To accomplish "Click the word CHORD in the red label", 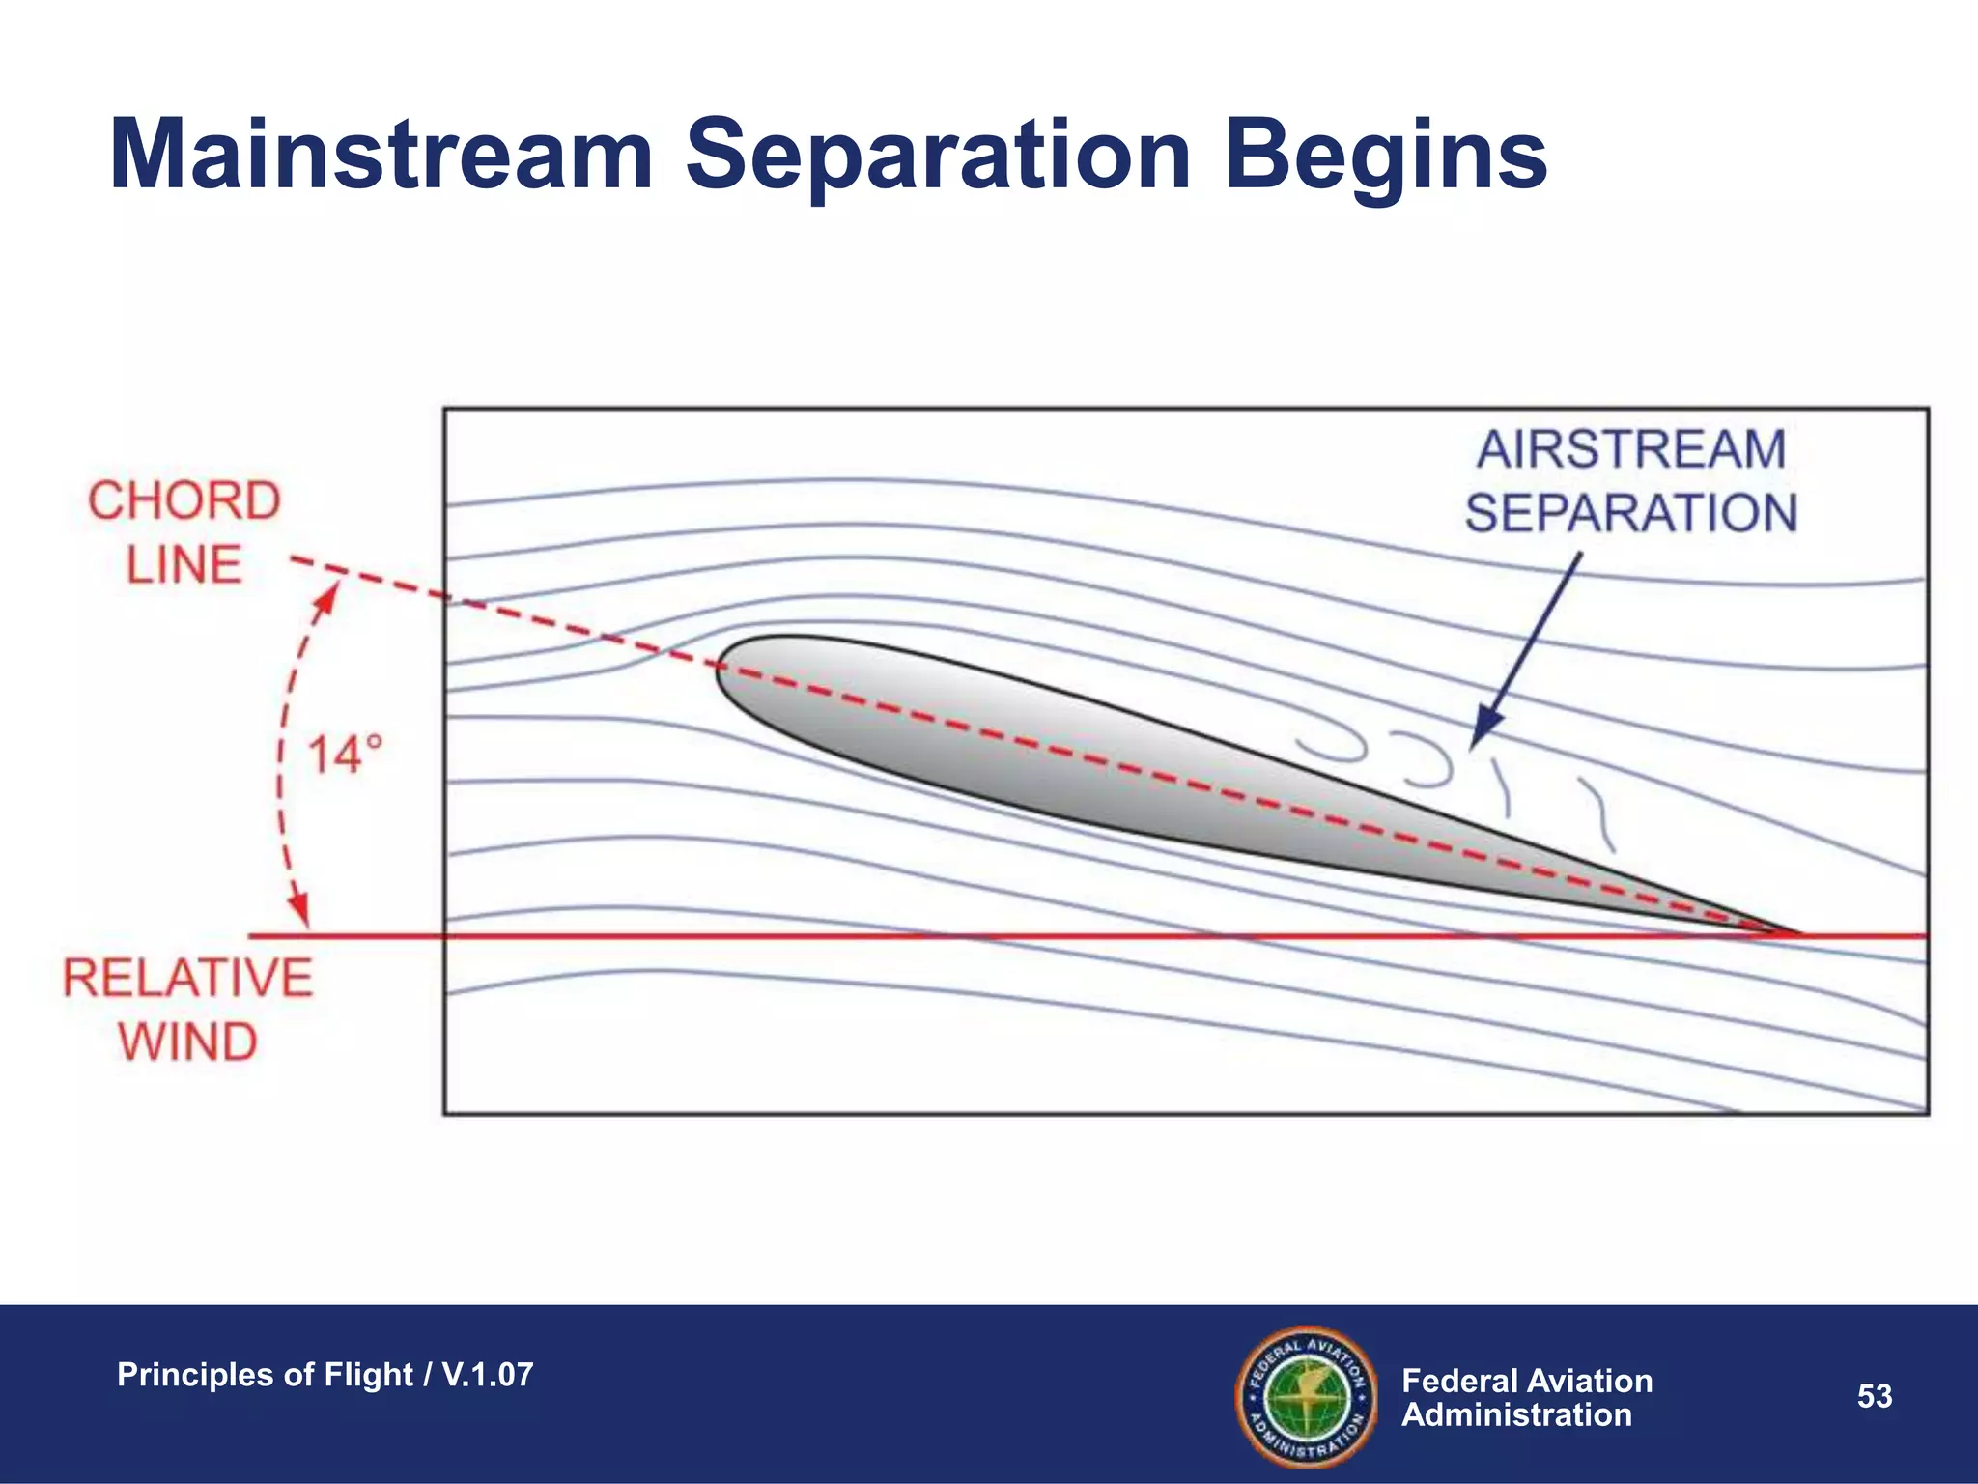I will (184, 501).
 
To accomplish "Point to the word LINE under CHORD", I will (184, 565).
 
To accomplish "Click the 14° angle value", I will (345, 755).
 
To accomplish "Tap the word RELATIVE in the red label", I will (188, 978).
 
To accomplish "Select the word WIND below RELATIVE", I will (188, 1042).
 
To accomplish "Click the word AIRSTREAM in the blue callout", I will (1631, 450).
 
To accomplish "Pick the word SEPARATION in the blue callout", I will (1631, 513).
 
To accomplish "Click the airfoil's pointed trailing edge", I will (1796, 933).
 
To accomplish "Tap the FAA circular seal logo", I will (1306, 1396).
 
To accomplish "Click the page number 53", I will (1875, 1396).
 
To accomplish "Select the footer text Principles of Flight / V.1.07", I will (325, 1375).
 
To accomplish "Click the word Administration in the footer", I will (1516, 1415).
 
